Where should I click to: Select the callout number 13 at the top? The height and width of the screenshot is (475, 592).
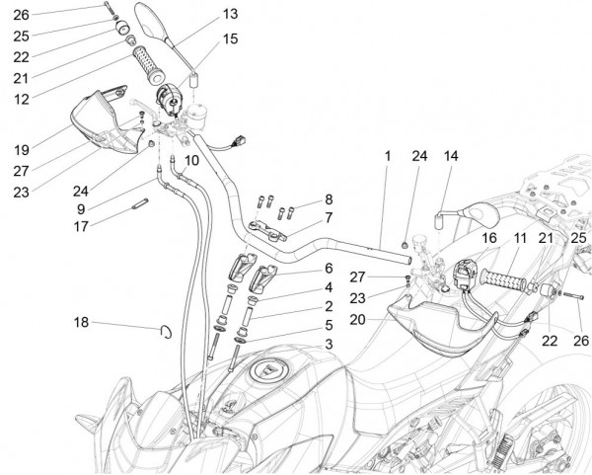229,14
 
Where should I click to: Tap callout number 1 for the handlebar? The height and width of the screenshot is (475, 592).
388,155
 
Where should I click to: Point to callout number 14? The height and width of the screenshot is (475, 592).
451,156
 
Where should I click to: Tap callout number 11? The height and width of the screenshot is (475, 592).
518,239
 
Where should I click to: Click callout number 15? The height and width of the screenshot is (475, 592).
229,39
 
